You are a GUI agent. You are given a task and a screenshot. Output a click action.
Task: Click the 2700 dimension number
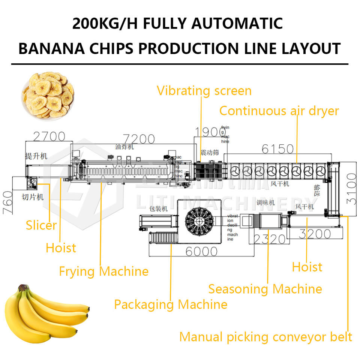point(49,136)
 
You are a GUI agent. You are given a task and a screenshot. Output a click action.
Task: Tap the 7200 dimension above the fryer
point(138,139)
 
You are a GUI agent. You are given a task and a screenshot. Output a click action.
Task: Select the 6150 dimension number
point(277,148)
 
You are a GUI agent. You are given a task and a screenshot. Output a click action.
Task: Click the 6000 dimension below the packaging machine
point(201,251)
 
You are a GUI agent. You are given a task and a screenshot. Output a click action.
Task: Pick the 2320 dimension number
point(270,238)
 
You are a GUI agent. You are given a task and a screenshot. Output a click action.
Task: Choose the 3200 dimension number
point(315,234)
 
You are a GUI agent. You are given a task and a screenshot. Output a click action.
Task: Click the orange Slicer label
point(41,225)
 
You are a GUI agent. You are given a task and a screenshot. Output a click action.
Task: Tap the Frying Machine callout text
point(103,271)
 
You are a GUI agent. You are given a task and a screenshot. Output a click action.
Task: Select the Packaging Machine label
point(171,304)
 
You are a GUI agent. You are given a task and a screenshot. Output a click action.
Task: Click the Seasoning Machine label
point(265,289)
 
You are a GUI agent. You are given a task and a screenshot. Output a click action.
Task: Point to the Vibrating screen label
point(204,91)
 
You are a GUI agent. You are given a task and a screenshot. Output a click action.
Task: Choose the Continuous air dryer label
point(279,111)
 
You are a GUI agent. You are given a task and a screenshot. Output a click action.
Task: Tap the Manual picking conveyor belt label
point(265,337)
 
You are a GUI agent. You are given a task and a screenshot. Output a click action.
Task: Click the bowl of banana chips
point(48,95)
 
